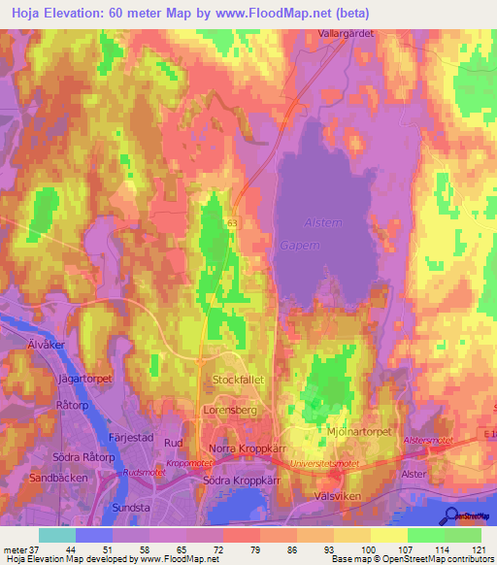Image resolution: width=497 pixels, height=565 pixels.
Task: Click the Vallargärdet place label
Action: tap(347, 32)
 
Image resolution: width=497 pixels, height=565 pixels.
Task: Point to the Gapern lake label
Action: tap(303, 247)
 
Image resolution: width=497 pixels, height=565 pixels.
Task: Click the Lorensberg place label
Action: tap(231, 411)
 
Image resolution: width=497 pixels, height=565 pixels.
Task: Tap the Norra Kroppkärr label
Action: tap(245, 449)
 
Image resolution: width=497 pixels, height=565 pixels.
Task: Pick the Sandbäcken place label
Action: tap(59, 479)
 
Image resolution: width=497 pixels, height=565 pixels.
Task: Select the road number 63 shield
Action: tap(233, 222)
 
